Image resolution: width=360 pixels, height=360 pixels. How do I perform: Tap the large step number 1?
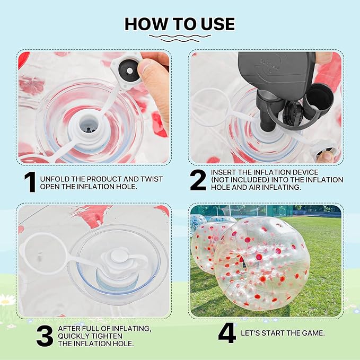(30, 182)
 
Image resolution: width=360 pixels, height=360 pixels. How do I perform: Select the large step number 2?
(198, 181)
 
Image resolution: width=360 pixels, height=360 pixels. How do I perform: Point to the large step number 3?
(45, 337)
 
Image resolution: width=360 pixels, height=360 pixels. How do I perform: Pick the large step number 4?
(227, 333)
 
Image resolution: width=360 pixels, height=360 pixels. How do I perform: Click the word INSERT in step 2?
(223, 172)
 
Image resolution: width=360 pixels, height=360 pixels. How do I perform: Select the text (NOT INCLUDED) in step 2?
(240, 180)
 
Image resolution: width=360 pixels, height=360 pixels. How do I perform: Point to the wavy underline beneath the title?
(180, 38)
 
